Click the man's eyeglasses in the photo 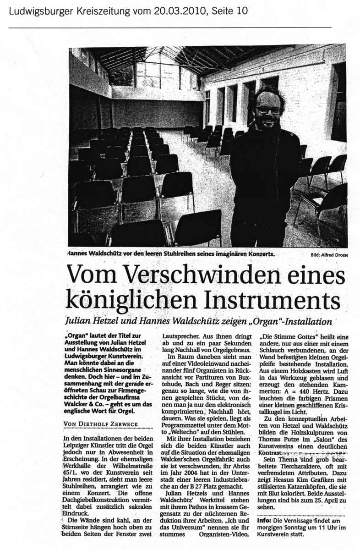pos(268,110)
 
